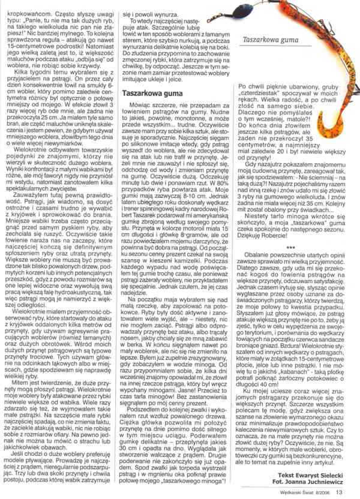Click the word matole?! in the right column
click(x=308, y=124)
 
